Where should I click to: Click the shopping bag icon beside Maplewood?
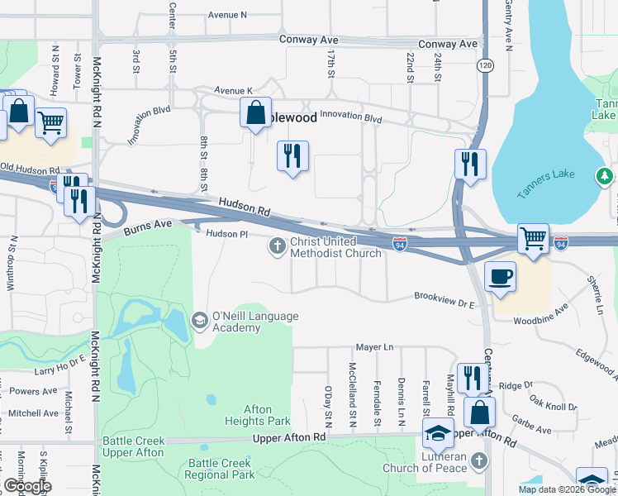coord(255,112)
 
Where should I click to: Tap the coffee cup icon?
coord(502,276)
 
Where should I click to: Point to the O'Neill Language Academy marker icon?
coord(199,320)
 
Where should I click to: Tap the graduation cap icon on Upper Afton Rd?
coord(437,432)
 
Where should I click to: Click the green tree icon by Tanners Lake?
coord(605,175)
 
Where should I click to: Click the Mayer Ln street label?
coord(374,347)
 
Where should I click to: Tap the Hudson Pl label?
coord(226,235)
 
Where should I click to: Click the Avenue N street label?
coord(227,15)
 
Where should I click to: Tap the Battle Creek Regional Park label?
coord(221,469)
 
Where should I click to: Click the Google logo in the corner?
coord(27,486)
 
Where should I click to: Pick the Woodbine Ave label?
coord(538,313)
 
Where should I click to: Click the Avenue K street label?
coord(231,90)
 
